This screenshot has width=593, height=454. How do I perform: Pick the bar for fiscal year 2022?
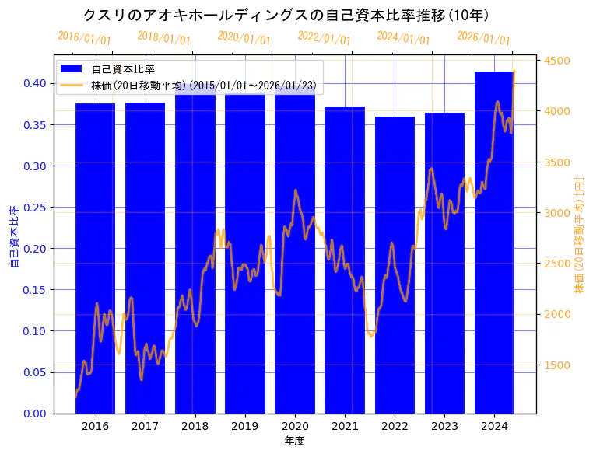[395, 264]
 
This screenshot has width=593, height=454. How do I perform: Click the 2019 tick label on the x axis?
[245, 427]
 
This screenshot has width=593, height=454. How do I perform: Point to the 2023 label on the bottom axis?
[444, 427]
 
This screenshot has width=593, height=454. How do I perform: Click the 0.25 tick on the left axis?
[36, 207]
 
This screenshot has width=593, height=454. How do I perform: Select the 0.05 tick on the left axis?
[36, 372]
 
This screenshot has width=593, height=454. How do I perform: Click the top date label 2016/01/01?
[84, 37]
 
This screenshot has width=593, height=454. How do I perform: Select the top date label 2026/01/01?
[483, 37]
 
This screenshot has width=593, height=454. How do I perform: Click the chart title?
[286, 15]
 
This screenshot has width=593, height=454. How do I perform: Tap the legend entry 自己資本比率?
[123, 69]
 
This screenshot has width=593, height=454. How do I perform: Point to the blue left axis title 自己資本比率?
[13, 236]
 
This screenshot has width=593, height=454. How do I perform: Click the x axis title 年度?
[294, 441]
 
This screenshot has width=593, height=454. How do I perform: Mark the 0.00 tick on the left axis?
[36, 414]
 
